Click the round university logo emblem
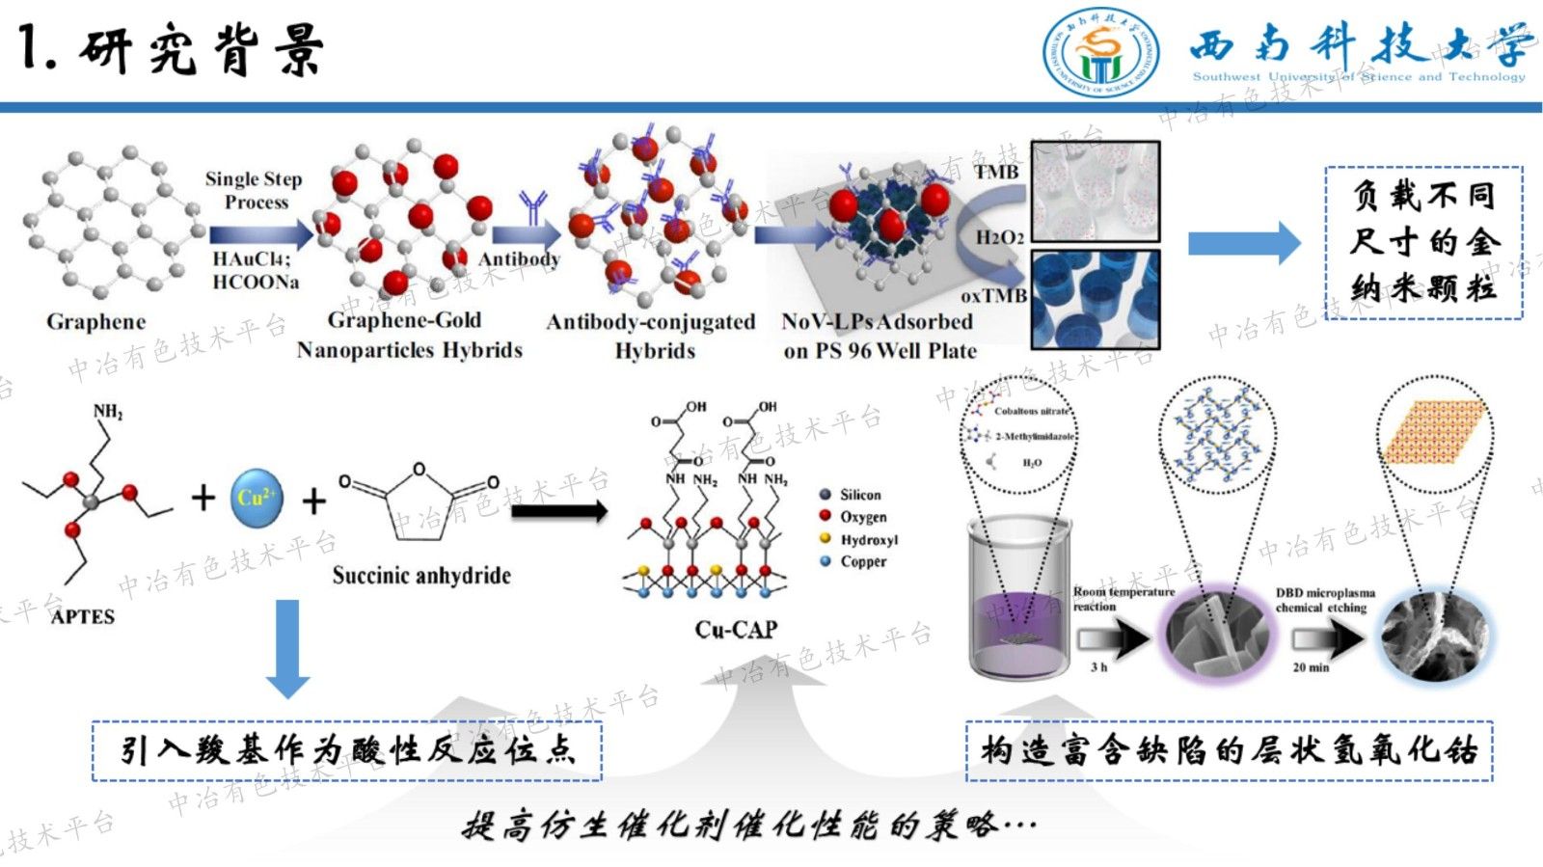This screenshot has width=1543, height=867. pyautogui.click(x=1101, y=53)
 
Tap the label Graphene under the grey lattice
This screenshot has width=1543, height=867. pyautogui.click(x=96, y=322)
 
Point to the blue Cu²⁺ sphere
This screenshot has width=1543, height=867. pyautogui.click(x=257, y=498)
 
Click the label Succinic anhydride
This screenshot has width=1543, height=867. pyautogui.click(x=421, y=576)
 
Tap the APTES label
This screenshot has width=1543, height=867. pyautogui.click(x=83, y=616)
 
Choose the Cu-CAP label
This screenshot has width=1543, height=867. pyautogui.click(x=736, y=630)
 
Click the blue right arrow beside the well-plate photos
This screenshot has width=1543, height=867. pyautogui.click(x=1244, y=243)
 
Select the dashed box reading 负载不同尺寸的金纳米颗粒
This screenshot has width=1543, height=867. pyautogui.click(x=1423, y=242)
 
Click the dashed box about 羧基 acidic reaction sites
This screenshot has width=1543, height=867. pyautogui.click(x=347, y=750)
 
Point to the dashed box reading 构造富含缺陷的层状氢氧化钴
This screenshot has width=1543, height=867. pyautogui.click(x=1230, y=750)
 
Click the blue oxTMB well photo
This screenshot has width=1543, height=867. pyautogui.click(x=1096, y=299)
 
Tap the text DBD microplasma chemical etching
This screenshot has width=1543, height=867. pyautogui.click(x=1325, y=600)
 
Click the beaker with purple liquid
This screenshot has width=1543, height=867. pyautogui.click(x=1019, y=598)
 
